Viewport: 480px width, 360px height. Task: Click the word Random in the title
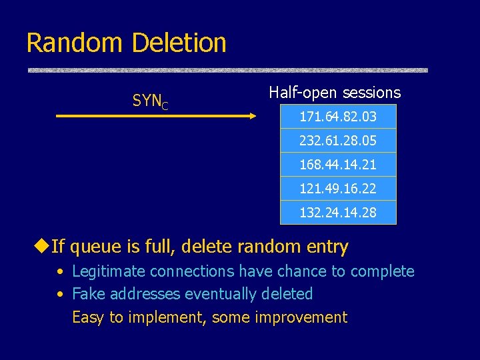pos(74,43)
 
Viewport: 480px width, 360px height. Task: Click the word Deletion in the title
pos(179,43)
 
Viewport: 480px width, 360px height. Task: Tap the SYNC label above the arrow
pos(150,101)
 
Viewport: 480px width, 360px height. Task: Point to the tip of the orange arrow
pos(254,117)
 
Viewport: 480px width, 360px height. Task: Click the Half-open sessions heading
pos(335,93)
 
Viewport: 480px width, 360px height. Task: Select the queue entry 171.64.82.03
pos(337,117)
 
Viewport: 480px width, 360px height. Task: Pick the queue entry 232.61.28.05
pos(337,141)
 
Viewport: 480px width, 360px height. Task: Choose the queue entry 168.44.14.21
pos(337,165)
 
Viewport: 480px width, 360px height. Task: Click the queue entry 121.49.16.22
pos(337,189)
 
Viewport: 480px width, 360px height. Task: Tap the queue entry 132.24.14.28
pos(337,213)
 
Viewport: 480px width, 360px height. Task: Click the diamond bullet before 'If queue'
pos(41,247)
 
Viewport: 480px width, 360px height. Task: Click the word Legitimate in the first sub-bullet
pos(109,271)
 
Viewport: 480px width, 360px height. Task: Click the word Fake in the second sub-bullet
pos(86,294)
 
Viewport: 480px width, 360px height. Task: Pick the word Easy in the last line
pos(87,317)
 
